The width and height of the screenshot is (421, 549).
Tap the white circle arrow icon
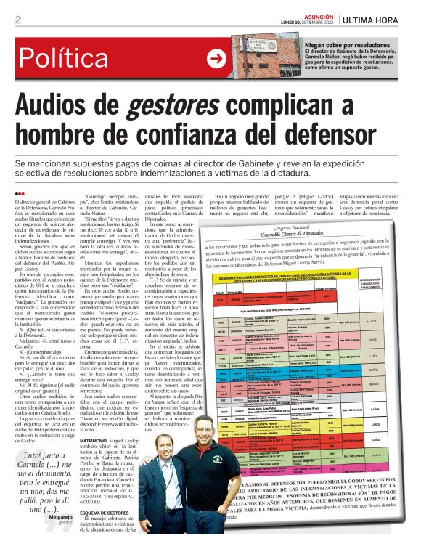[x=216, y=60]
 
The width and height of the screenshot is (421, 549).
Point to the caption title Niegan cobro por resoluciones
[x=341, y=44]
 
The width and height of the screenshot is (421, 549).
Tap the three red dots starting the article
[x=20, y=194]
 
